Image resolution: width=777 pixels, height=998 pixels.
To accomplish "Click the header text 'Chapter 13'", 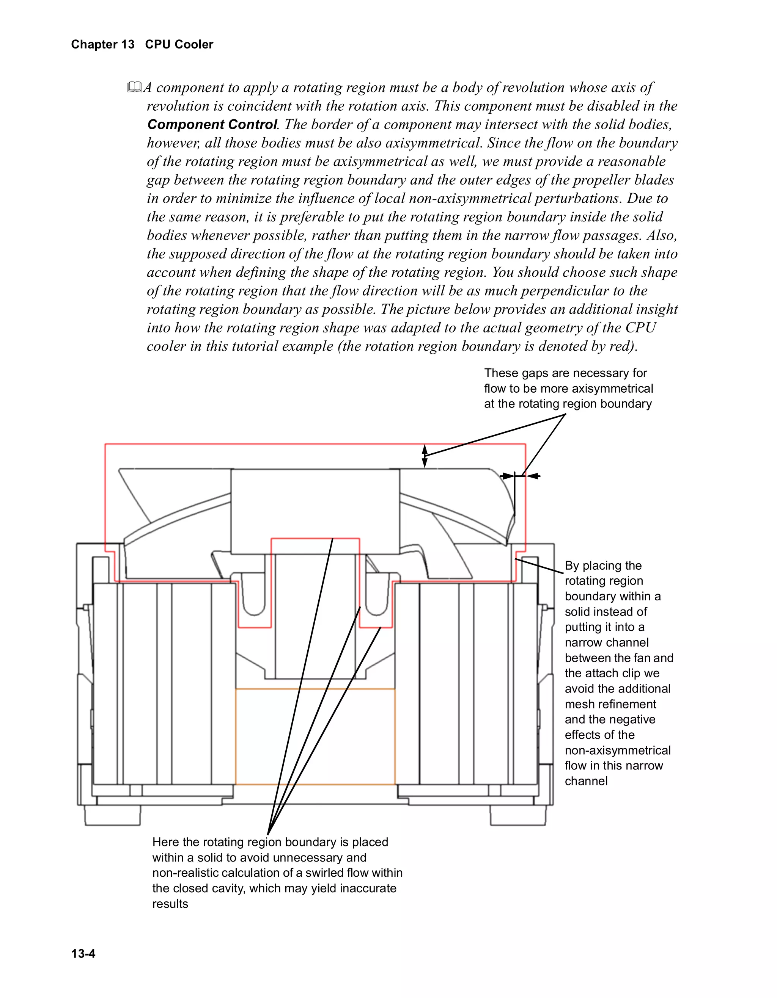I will pos(103,44).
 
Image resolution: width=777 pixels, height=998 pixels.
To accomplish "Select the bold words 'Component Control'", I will pos(212,124).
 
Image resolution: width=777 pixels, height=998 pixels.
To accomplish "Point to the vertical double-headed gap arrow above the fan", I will pos(425,456).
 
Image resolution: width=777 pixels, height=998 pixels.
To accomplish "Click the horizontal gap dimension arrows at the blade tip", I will pos(520,476).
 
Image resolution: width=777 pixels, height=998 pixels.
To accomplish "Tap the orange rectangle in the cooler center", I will pos(315,736).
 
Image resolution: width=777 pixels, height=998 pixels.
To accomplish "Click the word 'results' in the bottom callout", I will pos(170,903).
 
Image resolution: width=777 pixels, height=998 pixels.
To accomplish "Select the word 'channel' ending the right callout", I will pos(586,780).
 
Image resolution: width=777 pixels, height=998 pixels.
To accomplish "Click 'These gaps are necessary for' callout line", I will pos(565,373).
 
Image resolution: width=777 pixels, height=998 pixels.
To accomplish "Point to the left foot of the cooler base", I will pos(113,815).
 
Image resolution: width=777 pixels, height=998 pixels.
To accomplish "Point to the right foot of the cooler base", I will pos(518,815).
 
